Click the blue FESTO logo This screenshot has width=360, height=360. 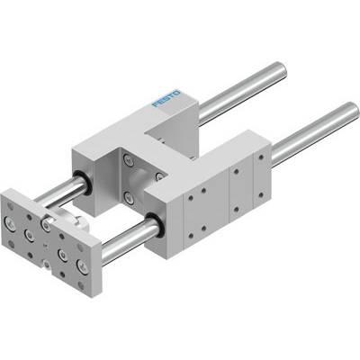coord(166,98)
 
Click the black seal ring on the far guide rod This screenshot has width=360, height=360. coord(82,183)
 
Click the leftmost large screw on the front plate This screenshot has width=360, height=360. coord(10,224)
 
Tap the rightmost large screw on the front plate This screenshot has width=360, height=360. coord(82,266)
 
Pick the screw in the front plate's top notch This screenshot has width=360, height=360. coord(46,223)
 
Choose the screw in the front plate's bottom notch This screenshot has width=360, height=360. coord(47,264)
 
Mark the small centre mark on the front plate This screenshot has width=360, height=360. coord(45,247)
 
